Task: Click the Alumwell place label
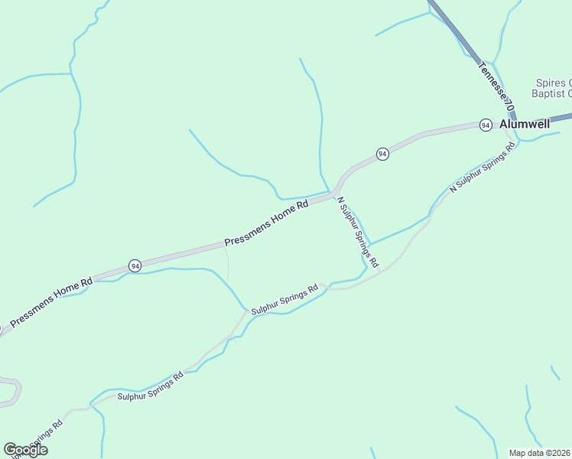coord(525,124)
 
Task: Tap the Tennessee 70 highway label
coord(495,84)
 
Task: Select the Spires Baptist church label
coord(552,88)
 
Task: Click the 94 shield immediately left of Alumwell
coord(485,125)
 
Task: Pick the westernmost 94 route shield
coord(135,265)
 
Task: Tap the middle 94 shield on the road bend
coord(382,154)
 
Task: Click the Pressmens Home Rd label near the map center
coord(266,223)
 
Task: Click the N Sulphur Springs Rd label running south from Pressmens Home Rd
coord(358,232)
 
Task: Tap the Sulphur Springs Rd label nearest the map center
coord(284,299)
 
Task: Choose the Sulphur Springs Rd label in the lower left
coord(151,386)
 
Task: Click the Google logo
coord(25,450)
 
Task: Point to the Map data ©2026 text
coord(539,453)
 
